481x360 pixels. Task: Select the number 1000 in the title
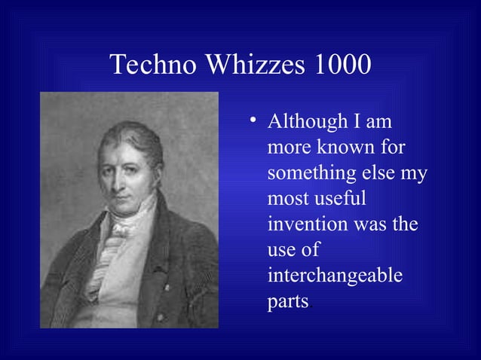point(342,65)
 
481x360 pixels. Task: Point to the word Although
point(305,121)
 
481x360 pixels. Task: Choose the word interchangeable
point(335,276)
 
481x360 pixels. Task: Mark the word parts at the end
point(287,303)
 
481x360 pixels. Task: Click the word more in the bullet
point(290,148)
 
